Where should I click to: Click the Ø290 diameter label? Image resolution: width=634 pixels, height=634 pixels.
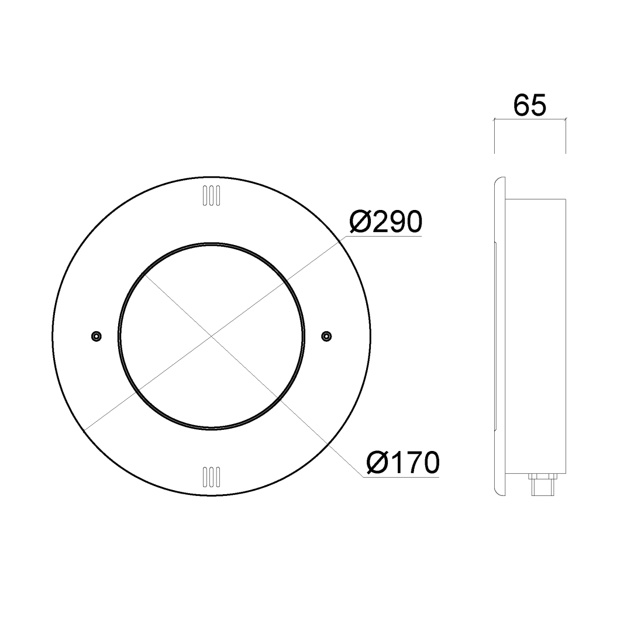click(386, 222)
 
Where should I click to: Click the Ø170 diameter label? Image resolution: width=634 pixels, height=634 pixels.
click(403, 463)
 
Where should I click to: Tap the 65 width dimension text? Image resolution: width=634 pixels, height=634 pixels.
click(530, 105)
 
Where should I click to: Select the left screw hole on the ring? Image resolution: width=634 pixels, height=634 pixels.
click(97, 336)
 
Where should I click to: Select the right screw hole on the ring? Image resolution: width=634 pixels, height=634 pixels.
click(326, 336)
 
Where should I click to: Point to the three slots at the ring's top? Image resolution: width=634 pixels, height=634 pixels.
click(212, 196)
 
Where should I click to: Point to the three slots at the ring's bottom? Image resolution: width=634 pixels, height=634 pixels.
click(212, 477)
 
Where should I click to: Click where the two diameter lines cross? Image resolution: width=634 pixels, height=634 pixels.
click(212, 336)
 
